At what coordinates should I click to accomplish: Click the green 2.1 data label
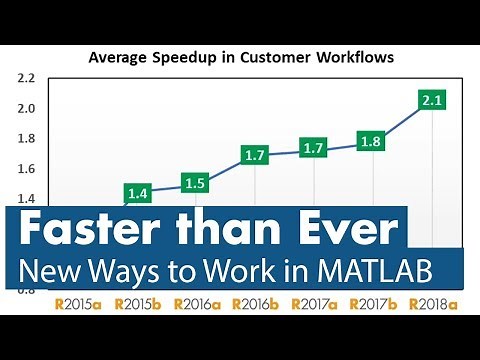click(433, 100)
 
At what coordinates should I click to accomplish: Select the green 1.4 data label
click(139, 192)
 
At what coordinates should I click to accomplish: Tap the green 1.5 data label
click(197, 183)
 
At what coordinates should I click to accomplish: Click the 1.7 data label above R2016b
click(256, 155)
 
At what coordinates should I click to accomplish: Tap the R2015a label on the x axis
click(79, 302)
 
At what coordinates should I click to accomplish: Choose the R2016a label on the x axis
click(197, 302)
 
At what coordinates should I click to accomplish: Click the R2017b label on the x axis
click(374, 302)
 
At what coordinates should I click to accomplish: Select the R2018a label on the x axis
click(433, 302)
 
